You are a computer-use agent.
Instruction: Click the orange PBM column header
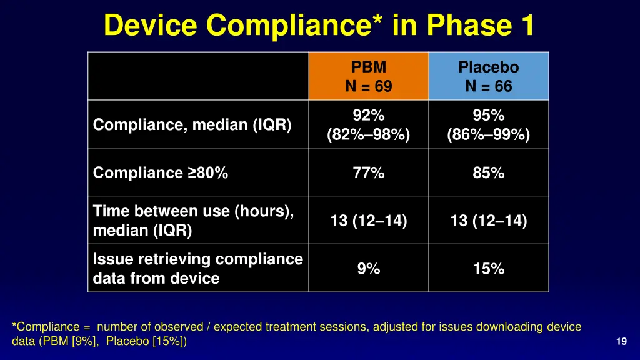pos(369,76)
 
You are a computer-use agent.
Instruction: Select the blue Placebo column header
pos(489,76)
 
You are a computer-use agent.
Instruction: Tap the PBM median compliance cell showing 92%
pos(369,125)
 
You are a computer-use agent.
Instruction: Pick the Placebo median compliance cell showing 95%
pos(489,125)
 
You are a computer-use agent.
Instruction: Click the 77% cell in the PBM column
pos(369,173)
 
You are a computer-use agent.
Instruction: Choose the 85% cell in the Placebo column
pos(489,173)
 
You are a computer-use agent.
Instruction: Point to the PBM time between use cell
pos(369,221)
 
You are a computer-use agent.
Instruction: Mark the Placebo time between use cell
pos(489,221)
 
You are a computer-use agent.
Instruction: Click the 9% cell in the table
pos(369,269)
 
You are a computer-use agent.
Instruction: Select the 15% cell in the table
pos(489,269)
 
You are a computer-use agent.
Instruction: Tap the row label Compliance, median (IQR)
pos(192,125)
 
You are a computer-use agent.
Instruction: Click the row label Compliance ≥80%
pos(161,173)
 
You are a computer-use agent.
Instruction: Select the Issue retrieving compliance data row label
pos(197,269)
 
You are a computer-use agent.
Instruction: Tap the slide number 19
pos(621,341)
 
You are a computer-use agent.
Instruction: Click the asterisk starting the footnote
pos(14,326)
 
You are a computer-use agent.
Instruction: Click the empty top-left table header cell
pos(198,76)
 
